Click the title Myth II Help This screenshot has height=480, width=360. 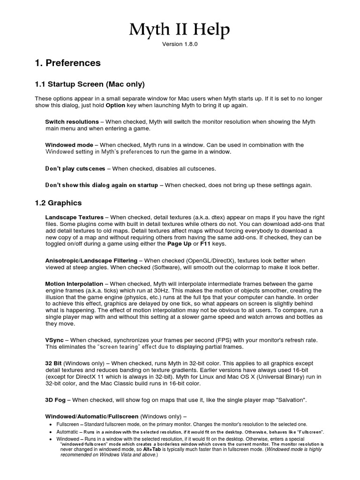[x=180, y=31]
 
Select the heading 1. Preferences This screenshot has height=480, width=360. [x=67, y=63]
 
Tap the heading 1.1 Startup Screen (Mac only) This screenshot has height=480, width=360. [x=90, y=84]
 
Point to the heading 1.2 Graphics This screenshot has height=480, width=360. [x=58, y=203]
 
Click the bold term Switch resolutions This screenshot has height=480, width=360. [x=72, y=122]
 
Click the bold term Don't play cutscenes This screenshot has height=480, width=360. [x=75, y=168]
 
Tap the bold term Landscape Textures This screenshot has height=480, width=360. [x=74, y=217]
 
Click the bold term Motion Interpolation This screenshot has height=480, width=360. [x=74, y=284]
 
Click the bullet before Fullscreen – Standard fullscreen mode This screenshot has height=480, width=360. [x=51, y=424]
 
